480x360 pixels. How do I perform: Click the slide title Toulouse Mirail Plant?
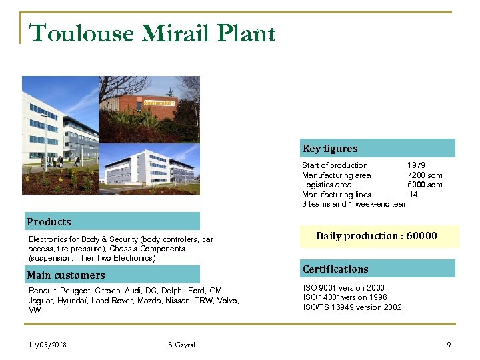click(x=153, y=33)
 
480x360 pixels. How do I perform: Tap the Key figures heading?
click(x=330, y=149)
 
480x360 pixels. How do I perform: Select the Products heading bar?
click(x=112, y=221)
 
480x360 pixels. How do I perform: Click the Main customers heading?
click(x=66, y=275)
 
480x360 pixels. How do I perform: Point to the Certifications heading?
click(x=335, y=269)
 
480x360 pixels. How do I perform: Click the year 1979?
click(x=416, y=165)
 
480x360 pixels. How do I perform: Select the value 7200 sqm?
click(x=425, y=175)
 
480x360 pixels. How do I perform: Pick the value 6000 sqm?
click(x=425, y=185)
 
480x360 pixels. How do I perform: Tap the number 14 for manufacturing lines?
click(x=413, y=195)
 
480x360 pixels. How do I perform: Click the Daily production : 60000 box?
click(x=377, y=236)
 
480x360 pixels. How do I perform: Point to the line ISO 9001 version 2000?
click(x=343, y=289)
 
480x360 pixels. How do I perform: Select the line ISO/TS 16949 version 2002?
click(x=352, y=307)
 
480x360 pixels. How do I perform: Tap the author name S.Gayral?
click(x=182, y=345)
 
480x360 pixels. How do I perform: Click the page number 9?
click(x=449, y=345)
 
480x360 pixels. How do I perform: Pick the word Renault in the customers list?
click(x=43, y=291)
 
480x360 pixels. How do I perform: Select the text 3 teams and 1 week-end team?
click(x=355, y=204)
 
